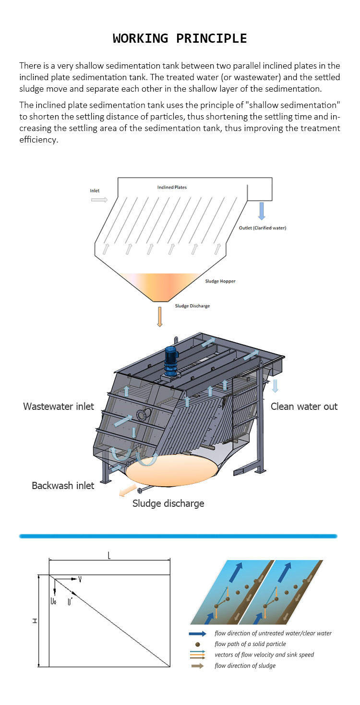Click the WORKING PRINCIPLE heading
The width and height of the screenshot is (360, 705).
(x=180, y=38)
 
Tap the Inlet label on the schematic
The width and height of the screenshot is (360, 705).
(x=95, y=191)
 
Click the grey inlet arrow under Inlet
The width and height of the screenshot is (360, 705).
(x=99, y=199)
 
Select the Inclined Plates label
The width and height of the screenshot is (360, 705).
(x=172, y=187)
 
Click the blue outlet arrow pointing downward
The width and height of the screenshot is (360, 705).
(x=262, y=211)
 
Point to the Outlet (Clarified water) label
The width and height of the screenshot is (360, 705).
(x=262, y=228)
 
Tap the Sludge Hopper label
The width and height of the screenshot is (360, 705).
(x=220, y=281)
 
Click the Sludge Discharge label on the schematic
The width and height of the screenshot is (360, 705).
(x=192, y=306)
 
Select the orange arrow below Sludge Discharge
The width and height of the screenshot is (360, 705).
(x=160, y=317)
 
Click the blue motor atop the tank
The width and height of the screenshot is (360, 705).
(x=171, y=360)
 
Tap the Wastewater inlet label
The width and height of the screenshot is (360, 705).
(x=59, y=406)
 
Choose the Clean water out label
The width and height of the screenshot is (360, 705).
(x=304, y=406)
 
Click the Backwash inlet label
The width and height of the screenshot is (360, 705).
(x=63, y=486)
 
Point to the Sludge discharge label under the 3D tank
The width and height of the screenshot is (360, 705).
(x=168, y=503)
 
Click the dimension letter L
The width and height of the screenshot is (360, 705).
(x=109, y=556)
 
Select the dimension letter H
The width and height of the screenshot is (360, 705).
(x=35, y=621)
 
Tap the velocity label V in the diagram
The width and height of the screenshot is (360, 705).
(x=80, y=580)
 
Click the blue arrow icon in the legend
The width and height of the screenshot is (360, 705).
(x=198, y=633)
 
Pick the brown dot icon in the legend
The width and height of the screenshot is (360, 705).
(x=198, y=644)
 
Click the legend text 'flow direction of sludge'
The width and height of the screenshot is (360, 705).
(x=245, y=666)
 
